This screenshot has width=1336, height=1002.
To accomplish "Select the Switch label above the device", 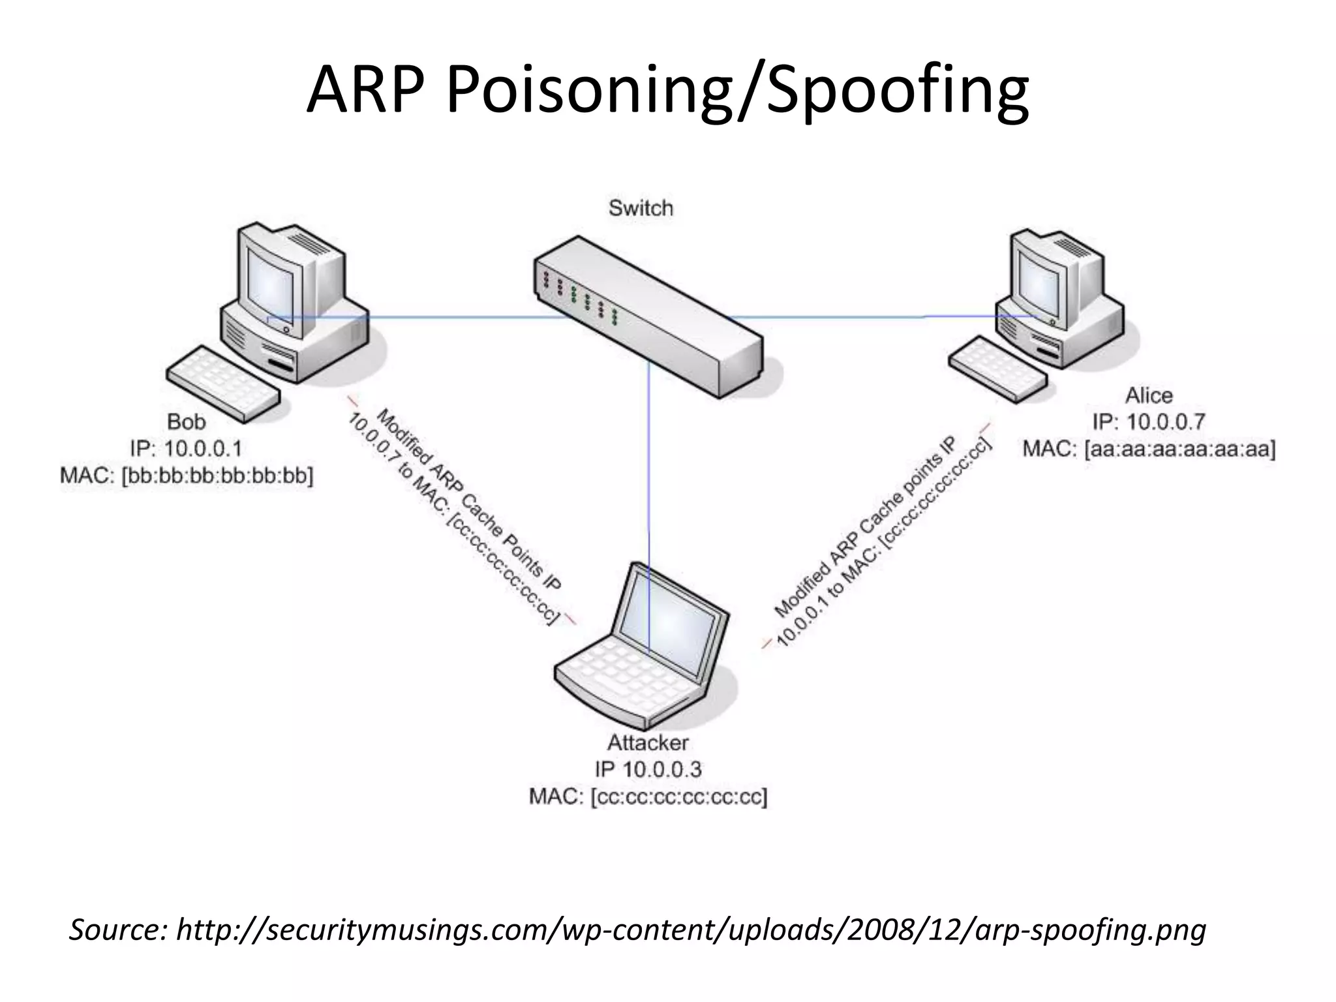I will (641, 208).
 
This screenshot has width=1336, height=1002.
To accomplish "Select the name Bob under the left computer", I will (187, 422).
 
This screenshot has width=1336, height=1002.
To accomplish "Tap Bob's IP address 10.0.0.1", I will (203, 449).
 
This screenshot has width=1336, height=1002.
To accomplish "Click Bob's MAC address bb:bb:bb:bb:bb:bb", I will (217, 476).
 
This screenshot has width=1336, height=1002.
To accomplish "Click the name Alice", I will (1148, 395).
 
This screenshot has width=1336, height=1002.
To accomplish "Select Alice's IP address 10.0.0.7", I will (1166, 422).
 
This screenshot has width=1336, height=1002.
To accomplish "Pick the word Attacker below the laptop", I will (648, 742).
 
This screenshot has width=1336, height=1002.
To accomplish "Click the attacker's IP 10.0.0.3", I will (661, 770).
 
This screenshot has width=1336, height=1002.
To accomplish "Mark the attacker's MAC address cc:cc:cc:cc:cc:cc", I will (678, 797).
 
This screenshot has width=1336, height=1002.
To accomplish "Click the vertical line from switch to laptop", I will (649, 470).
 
